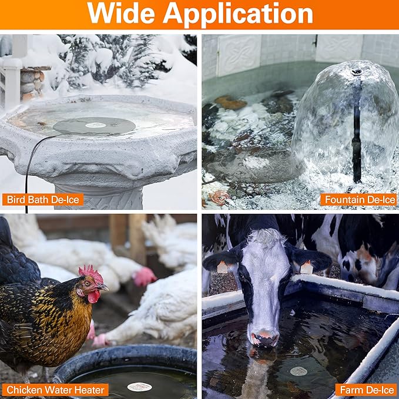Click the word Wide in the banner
pos(121,14)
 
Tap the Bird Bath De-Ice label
pos(43,200)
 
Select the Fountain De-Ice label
pos(358,200)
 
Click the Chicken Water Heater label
pos(55,390)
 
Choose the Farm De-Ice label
pos(366,390)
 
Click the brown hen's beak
pos(103,287)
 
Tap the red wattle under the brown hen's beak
pos(93,296)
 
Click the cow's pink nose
pos(264,338)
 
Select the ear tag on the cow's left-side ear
pos(222,268)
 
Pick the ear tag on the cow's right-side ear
pos(306,268)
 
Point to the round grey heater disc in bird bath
pos(94,126)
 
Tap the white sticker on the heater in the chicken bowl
pos(139,387)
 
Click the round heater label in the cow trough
pos(299,371)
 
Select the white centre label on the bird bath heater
pos(95,125)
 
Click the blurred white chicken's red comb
pos(144,276)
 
